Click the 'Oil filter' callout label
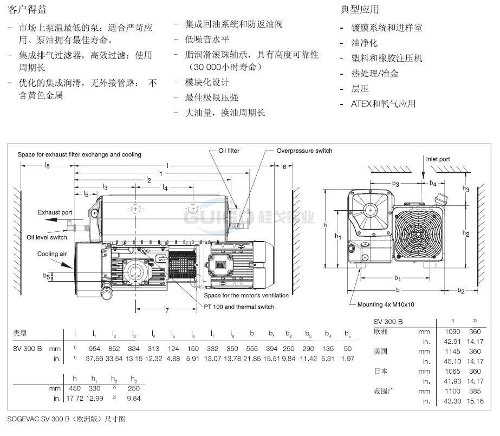(x=229, y=151)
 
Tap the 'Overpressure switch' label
(x=304, y=151)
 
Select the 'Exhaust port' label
(x=55, y=213)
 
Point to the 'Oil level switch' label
(x=47, y=237)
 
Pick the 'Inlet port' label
(x=438, y=159)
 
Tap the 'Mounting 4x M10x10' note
(x=385, y=304)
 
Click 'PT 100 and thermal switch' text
(x=239, y=307)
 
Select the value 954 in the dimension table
(x=94, y=349)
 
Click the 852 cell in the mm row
(x=114, y=349)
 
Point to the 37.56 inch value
(x=94, y=359)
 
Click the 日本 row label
(x=381, y=372)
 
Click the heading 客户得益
(x=25, y=9)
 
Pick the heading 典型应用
(x=360, y=9)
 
